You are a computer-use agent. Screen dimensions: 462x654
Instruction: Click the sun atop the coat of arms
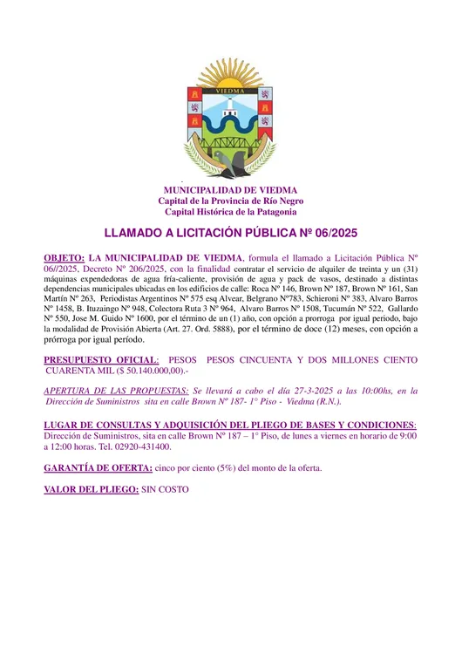pyautogui.click(x=230, y=76)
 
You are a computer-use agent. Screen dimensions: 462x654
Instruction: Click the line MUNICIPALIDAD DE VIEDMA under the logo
pyautogui.click(x=231, y=190)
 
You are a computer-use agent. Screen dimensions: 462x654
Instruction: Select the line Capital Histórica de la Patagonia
pyautogui.click(x=231, y=212)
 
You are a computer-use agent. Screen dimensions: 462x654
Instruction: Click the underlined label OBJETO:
pyautogui.click(x=65, y=258)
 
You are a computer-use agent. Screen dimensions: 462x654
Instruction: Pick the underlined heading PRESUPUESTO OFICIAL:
pyautogui.click(x=101, y=359)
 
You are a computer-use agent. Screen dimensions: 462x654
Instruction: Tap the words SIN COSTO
pyautogui.click(x=163, y=490)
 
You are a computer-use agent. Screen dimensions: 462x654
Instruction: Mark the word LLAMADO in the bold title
pyautogui.click(x=132, y=234)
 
